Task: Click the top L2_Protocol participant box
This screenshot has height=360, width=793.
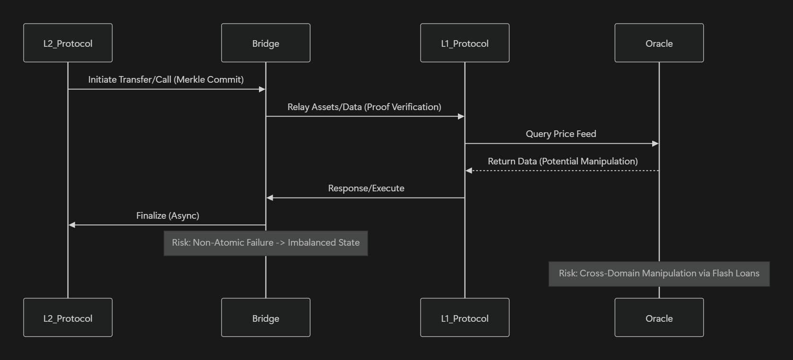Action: coord(68,43)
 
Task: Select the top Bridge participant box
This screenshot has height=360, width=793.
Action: coord(266,43)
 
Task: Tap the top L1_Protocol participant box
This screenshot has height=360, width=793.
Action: coord(465,43)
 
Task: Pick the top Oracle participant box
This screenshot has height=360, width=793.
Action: coord(659,43)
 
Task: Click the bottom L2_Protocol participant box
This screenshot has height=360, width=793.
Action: coord(68,318)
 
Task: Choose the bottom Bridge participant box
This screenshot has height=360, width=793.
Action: coord(266,318)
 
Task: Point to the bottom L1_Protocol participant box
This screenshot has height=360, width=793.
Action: coord(465,318)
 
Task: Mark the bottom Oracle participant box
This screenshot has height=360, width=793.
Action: coord(659,318)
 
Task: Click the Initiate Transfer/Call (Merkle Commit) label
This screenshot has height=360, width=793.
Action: coord(166,79)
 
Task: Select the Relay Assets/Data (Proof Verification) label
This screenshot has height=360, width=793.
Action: coord(364,107)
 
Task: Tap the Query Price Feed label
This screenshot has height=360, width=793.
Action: coord(561,134)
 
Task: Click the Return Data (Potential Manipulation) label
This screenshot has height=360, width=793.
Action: coord(562,161)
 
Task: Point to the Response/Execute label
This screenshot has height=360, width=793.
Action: coord(366,188)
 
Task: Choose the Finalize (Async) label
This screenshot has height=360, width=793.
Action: coord(168,215)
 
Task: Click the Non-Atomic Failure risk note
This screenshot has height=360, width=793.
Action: coord(266,243)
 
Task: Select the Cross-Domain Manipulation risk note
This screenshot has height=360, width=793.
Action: coord(659,274)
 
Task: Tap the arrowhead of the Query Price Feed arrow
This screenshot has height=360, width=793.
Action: coord(655,144)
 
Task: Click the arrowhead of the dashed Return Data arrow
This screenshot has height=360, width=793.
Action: coord(469,171)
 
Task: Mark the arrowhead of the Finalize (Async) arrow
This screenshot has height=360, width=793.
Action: coord(72,225)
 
